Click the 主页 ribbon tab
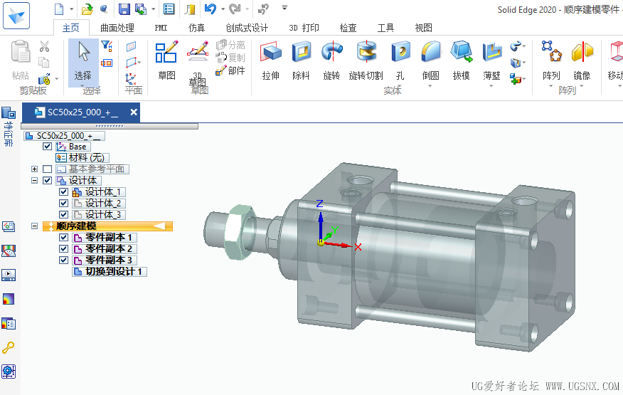pos(70,28)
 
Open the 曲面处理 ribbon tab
pos(117,28)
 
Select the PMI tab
pos(161,28)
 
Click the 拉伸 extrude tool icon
pos(270,53)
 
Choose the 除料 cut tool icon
pos(302,53)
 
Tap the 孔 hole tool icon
pos(400,53)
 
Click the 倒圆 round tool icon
pos(430,53)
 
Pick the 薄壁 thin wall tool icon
pos(491,53)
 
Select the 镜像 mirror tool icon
pos(582,53)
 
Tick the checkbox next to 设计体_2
pos(64,204)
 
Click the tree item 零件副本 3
pos(109,260)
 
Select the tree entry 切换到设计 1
pos(115,271)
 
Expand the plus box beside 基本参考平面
pos(34,169)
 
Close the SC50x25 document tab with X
pos(133,112)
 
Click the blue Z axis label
pos(319,204)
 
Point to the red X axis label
pos(358,247)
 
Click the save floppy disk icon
pos(124,9)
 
